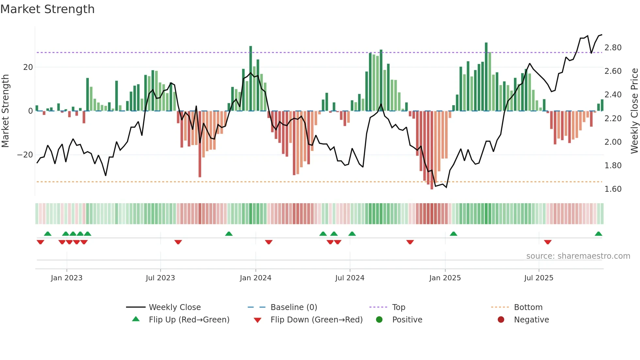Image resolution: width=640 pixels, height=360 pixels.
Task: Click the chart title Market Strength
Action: coord(47,9)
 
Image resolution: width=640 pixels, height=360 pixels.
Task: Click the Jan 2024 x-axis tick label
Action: coord(255,278)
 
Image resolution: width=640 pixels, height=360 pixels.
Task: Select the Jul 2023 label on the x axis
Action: coord(160,278)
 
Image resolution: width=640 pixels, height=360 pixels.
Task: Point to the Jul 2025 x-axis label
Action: coord(539,278)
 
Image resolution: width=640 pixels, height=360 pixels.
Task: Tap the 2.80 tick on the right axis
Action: coord(613,48)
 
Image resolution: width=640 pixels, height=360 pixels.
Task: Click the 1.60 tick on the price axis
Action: coord(613,189)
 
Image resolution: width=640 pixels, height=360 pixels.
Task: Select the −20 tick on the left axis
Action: coord(25,155)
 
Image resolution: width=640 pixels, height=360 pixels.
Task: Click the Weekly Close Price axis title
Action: coord(634,111)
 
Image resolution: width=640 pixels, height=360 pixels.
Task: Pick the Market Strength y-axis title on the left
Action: coord(6,111)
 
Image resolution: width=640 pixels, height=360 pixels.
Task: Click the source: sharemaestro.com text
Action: coord(578,256)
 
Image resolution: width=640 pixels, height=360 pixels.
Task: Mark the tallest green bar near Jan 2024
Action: coord(251,78)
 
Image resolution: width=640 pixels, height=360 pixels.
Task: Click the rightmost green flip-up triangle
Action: coord(598,234)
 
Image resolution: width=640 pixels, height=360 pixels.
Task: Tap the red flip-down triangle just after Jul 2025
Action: coord(548,242)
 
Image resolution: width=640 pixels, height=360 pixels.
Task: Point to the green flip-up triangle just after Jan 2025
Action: coord(453,234)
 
